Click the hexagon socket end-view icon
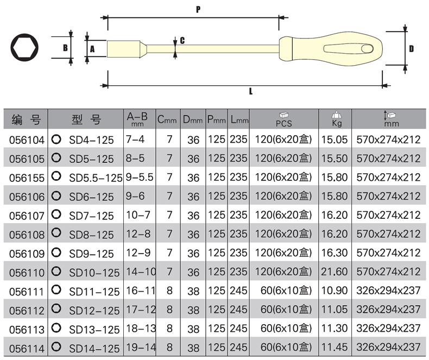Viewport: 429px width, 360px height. coord(24,47)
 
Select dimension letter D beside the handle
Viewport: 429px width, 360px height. coord(411,48)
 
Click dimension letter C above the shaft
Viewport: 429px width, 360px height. coord(182,41)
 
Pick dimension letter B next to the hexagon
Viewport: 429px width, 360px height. coord(65,48)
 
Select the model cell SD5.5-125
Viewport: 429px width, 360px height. coord(96,178)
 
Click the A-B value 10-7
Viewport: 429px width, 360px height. coord(138,215)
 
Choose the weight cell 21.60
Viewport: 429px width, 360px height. coord(334,271)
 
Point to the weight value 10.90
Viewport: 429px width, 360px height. coord(334,290)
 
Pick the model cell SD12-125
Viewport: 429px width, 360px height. coord(94,310)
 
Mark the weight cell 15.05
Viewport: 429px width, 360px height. coord(334,140)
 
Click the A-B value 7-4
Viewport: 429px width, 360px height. coord(135,140)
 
